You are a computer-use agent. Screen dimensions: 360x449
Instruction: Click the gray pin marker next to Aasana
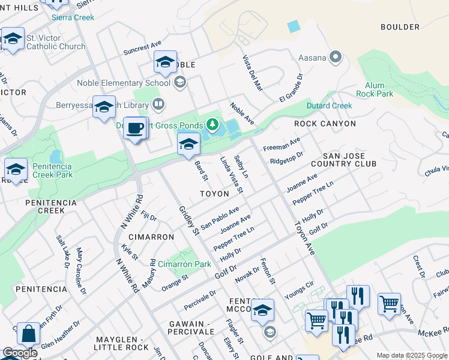point(335,58)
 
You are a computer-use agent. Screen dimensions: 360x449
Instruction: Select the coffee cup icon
point(136,128)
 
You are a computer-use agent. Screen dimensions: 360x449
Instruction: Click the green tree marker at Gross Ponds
point(211,125)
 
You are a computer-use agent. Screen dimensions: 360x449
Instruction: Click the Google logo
point(20,353)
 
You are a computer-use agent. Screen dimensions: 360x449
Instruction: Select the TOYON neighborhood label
point(214,194)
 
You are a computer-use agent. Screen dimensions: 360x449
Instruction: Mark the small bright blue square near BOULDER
point(293,26)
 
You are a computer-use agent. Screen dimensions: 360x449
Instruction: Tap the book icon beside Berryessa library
point(158,104)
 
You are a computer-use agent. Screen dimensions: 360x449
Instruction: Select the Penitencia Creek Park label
point(48,170)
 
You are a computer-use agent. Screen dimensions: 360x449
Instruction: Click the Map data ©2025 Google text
point(411,355)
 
